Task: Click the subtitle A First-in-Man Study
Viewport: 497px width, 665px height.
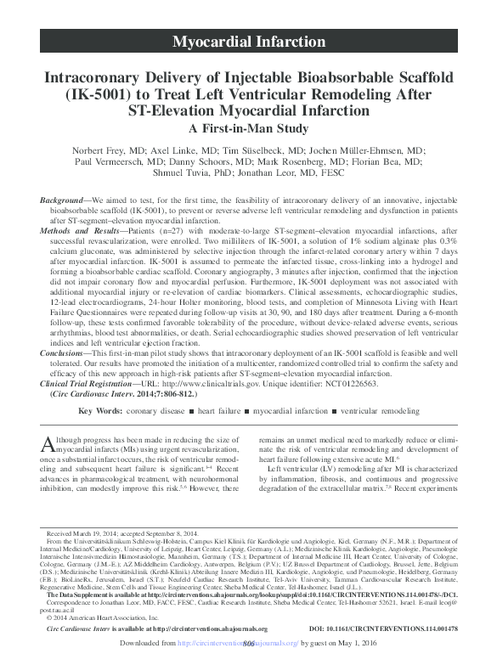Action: click(x=249, y=130)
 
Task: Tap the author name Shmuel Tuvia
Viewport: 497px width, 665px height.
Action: click(x=195, y=175)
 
